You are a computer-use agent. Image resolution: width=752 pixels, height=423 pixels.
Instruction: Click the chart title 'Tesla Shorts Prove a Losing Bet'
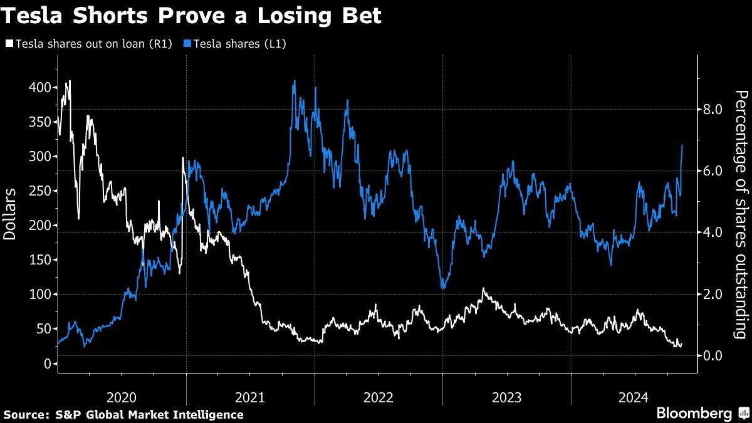point(191,16)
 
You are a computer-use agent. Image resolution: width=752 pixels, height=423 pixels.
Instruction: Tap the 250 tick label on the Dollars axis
point(40,191)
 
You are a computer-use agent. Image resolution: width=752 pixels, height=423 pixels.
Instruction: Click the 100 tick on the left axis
point(40,294)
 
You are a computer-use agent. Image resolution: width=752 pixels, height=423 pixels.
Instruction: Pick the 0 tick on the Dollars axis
point(46,363)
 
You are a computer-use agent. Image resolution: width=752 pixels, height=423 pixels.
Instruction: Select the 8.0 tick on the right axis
point(713,110)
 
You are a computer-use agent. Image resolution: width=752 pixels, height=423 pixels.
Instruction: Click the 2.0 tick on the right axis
point(713,294)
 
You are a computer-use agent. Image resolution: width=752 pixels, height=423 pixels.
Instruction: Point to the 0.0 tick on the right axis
point(713,355)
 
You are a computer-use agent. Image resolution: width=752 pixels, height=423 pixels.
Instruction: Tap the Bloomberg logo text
point(694,414)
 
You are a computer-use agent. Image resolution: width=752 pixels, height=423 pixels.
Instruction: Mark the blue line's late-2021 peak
point(294,81)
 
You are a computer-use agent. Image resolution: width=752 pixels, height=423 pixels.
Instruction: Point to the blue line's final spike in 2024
point(682,145)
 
